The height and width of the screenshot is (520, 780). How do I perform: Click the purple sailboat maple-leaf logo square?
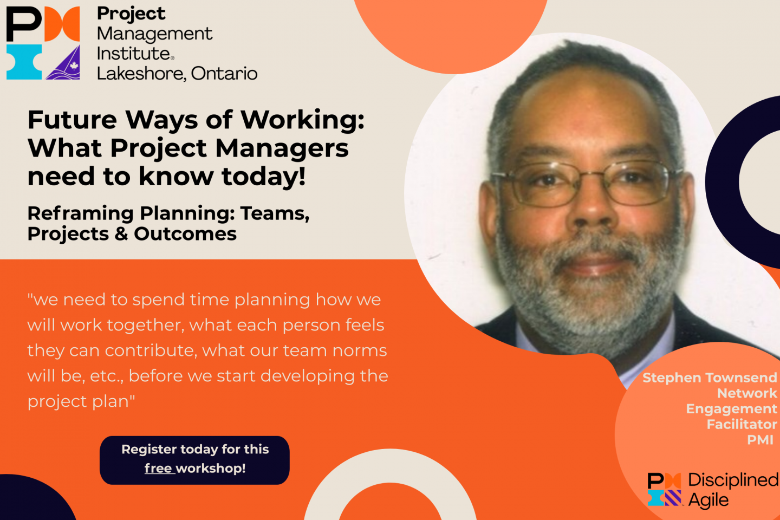(x=63, y=63)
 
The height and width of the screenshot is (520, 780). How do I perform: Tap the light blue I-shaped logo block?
(x=24, y=62)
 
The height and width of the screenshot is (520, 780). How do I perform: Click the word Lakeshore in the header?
(x=140, y=74)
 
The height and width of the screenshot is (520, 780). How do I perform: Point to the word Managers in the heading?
(x=282, y=148)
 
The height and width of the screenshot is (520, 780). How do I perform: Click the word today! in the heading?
(x=264, y=176)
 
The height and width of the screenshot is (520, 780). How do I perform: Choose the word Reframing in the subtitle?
(x=80, y=213)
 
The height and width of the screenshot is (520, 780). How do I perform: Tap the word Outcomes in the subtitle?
(x=185, y=233)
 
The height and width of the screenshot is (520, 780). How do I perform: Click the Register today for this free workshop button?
(x=194, y=460)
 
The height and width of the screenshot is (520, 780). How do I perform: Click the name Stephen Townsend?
(x=710, y=378)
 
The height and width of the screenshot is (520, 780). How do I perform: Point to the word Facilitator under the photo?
(x=742, y=424)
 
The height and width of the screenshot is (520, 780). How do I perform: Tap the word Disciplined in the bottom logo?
(x=733, y=480)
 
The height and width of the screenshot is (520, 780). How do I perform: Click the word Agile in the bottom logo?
(x=708, y=500)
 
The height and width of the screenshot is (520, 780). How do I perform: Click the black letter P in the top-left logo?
(x=23, y=24)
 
